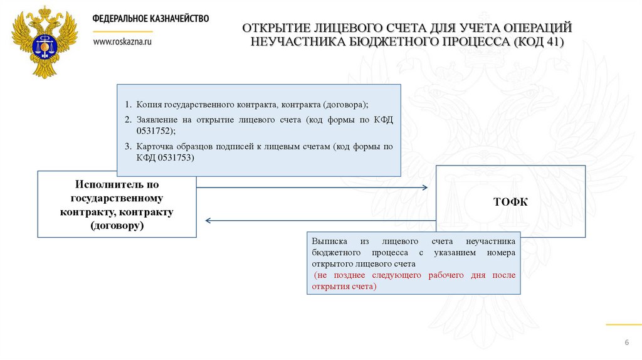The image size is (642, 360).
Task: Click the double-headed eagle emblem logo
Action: (45, 42)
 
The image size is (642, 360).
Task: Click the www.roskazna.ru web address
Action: (122, 41)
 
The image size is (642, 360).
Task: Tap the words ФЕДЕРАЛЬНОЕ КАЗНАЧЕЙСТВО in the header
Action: (150, 19)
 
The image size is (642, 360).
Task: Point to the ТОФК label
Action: (510, 201)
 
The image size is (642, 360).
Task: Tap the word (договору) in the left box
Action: (117, 225)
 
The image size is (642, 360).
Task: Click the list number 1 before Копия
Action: (127, 104)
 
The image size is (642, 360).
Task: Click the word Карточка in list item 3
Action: (157, 147)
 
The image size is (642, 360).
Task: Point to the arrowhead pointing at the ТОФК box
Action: (424, 188)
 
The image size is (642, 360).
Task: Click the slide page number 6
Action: (626, 341)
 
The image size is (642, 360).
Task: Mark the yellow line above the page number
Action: (623, 324)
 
